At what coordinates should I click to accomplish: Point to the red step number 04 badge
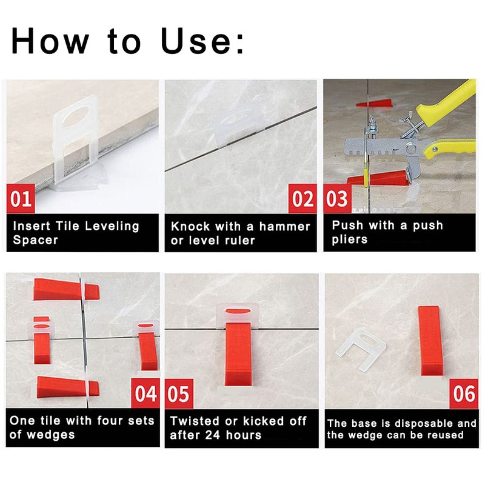click(146, 394)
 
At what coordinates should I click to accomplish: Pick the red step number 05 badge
click(179, 394)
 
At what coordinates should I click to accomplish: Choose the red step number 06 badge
click(464, 394)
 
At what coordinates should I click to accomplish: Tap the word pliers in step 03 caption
click(350, 239)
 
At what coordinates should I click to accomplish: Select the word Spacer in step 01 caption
click(35, 240)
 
